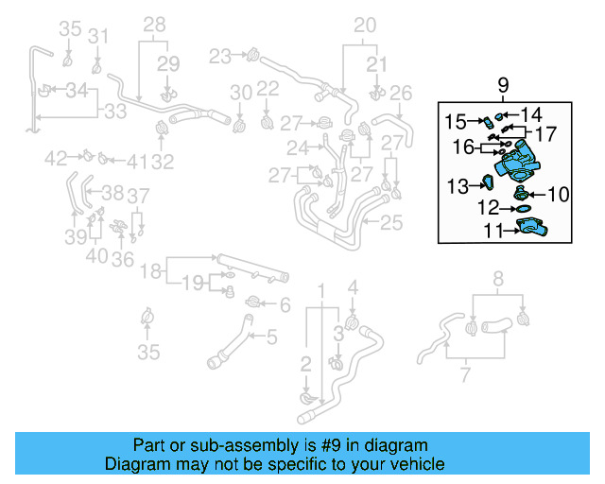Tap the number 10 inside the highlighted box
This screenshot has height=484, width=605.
[x=558, y=195]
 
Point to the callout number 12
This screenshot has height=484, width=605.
[x=489, y=207]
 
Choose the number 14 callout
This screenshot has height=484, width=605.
[x=531, y=114]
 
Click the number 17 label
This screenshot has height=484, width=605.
[x=546, y=134]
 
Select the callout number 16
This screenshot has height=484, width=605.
[x=463, y=147]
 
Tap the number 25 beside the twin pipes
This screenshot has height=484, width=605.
[x=390, y=223]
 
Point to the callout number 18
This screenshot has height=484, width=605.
[x=151, y=273]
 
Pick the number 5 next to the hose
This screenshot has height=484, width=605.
[x=271, y=336]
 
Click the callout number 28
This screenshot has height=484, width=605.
[x=154, y=23]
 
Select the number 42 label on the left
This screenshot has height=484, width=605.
[x=56, y=157]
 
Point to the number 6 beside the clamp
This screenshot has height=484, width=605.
[x=284, y=303]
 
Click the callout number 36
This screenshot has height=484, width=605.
[x=121, y=257]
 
